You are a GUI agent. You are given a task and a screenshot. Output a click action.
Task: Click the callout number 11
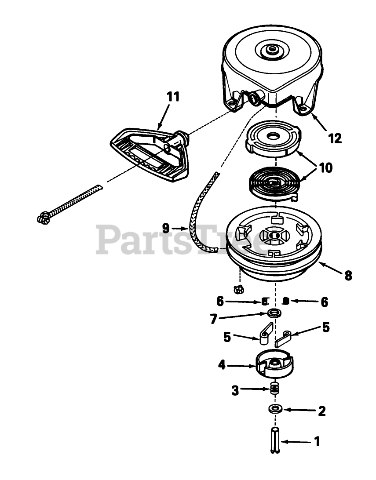coord(174,97)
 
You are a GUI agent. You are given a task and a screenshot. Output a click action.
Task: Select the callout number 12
coord(335,138)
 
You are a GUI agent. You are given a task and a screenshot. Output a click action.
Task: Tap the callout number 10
coord(326,167)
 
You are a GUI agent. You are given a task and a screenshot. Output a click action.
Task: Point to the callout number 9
coord(166,228)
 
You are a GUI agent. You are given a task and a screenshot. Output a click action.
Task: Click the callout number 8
coord(348,276)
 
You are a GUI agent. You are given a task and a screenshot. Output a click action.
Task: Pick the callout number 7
coord(214,319)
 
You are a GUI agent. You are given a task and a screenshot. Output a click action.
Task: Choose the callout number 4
coord(222,364)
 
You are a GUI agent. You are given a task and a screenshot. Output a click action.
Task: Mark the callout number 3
coord(235,390)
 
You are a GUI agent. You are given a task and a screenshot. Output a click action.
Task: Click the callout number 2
coord(321,411)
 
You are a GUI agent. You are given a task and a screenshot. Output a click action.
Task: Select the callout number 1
coord(317,441)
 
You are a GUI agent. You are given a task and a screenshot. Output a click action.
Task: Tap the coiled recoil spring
coord(273,181)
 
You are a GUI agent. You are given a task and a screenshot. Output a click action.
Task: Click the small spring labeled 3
coord(275,389)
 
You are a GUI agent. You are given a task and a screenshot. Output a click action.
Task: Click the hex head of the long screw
coord(44,217)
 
